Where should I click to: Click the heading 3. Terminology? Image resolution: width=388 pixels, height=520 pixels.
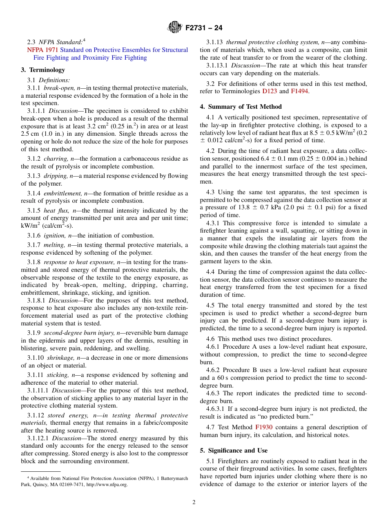(43, 70)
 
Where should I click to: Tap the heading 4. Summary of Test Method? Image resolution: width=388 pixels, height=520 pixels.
(241, 107)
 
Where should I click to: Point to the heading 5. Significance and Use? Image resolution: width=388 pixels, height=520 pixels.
(234, 451)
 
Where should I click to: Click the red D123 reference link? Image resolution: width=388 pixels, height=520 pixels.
(269, 91)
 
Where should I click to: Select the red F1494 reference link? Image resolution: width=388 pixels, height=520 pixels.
(299, 91)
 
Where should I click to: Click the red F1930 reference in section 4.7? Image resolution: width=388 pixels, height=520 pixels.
(263, 427)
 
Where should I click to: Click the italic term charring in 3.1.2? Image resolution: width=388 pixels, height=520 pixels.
(56, 159)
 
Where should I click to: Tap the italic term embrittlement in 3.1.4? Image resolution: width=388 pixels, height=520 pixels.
(62, 193)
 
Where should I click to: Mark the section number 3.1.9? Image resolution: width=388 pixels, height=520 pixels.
(34, 333)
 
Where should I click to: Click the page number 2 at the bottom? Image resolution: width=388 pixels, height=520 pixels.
(194, 502)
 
